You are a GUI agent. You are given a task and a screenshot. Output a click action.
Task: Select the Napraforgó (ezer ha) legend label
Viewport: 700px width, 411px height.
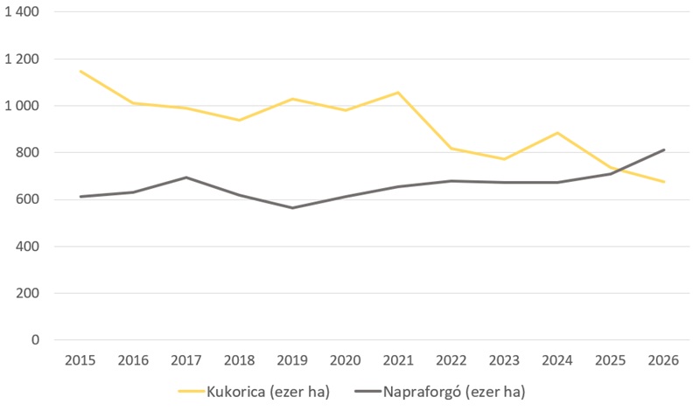453,391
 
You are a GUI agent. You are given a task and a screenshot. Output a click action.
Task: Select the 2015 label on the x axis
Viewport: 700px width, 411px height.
80,360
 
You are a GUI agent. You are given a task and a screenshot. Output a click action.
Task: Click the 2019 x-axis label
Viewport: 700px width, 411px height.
292,360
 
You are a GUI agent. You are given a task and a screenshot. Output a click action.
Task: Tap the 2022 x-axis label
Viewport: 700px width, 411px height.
451,360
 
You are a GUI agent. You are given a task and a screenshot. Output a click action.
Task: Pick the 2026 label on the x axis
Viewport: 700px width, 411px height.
663,360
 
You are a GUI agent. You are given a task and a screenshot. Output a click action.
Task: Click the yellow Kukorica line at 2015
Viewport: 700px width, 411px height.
80,71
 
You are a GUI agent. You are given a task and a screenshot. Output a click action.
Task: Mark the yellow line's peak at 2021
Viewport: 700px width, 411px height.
398,93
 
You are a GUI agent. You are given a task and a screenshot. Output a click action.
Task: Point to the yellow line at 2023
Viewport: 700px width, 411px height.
505,159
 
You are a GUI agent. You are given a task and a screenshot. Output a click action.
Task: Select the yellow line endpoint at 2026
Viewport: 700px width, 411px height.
664,182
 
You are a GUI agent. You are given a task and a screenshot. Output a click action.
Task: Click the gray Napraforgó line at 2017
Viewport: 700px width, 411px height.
186,178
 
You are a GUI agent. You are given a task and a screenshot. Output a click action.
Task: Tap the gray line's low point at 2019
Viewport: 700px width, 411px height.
292,208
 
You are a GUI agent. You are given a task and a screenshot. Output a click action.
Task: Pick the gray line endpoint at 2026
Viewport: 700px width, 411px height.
664,150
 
